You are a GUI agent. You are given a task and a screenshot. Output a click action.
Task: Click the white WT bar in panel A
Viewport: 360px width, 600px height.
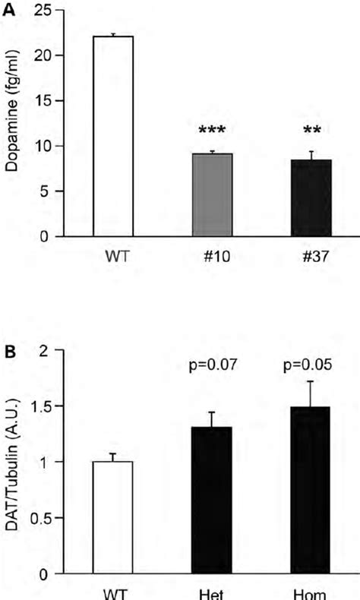(112, 136)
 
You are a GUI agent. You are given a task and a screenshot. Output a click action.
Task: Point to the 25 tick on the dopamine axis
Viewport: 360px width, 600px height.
(58, 10)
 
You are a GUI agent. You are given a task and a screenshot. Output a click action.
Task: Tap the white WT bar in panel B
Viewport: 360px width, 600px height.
(112, 517)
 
